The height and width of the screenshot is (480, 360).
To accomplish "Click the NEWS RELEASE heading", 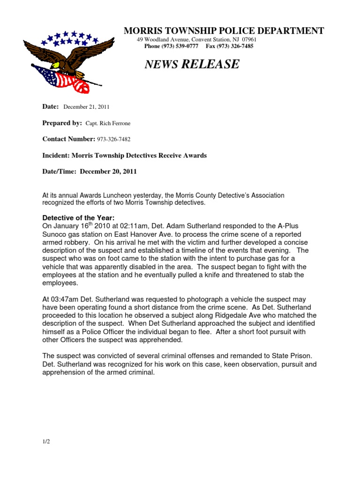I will pyautogui.click(x=192, y=64).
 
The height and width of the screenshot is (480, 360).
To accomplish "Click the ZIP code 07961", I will pyautogui.click(x=249, y=39).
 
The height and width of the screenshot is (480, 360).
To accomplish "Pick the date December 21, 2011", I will pyautogui.click(x=86, y=107).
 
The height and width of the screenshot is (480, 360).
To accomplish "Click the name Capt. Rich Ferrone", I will pyautogui.click(x=108, y=123).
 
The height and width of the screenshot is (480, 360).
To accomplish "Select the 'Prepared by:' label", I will pyautogui.click(x=62, y=123).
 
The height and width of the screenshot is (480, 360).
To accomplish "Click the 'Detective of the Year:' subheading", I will pyautogui.click(x=78, y=217).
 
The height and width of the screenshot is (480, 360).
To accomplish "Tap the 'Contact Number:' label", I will pyautogui.click(x=69, y=139).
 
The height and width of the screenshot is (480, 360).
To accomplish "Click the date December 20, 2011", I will pyautogui.click(x=108, y=172).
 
